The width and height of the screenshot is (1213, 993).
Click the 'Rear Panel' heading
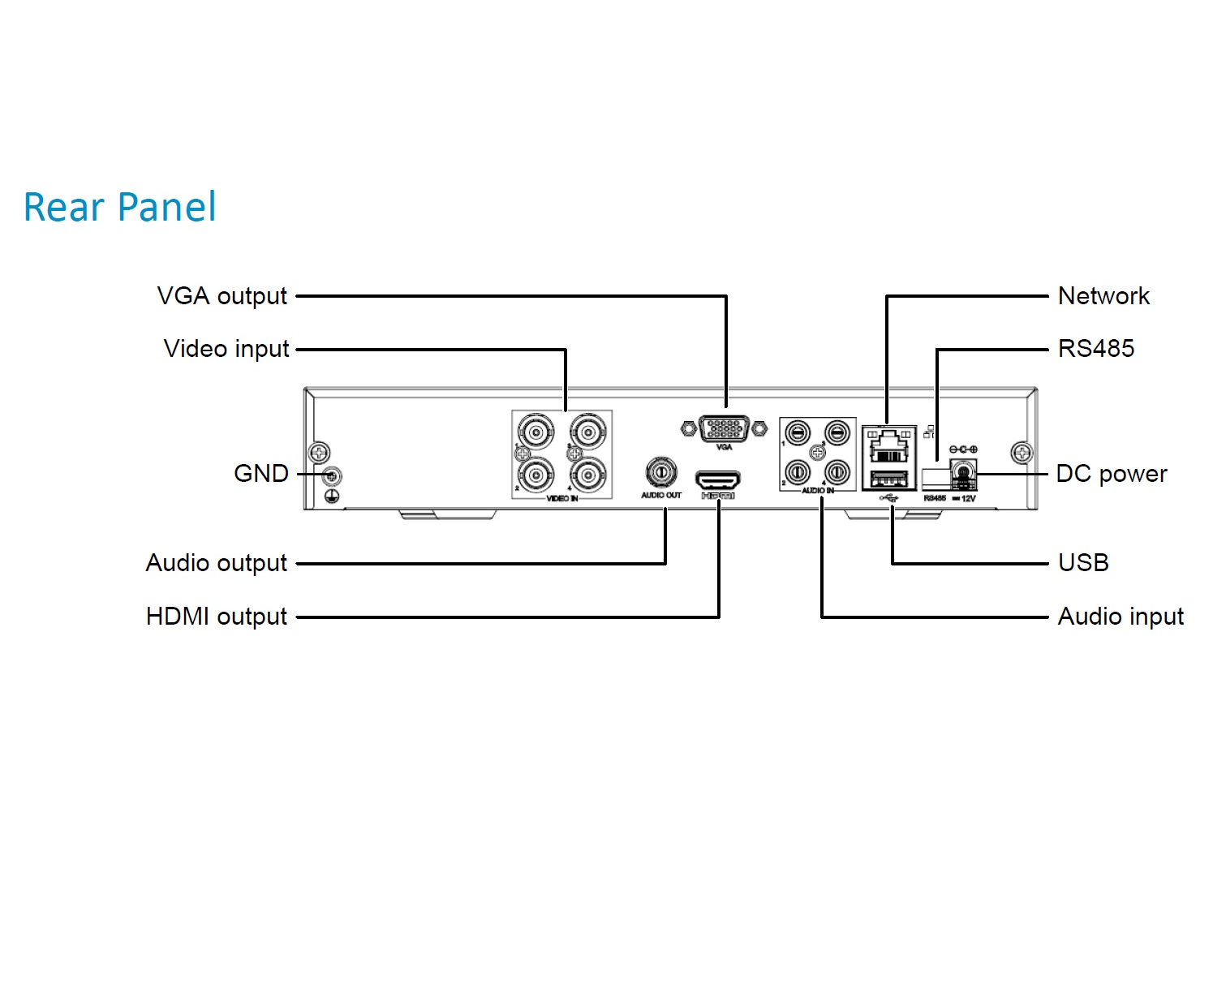coord(120,207)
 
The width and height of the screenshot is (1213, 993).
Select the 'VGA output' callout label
coord(222,296)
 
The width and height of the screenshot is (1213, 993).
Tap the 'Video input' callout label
coord(226,349)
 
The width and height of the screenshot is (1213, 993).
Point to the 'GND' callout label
coord(260,473)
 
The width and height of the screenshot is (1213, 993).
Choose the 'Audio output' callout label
coord(216,563)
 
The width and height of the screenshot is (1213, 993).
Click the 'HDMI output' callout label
coord(216,617)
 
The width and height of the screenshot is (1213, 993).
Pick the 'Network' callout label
coord(1103,296)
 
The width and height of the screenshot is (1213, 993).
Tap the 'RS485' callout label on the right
coord(1095,349)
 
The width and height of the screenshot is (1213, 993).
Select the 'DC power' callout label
coord(1111,474)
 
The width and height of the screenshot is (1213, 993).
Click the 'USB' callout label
coord(1083,563)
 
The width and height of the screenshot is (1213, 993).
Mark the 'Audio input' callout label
coord(1121,617)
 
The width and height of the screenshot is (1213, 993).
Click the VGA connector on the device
coord(724,428)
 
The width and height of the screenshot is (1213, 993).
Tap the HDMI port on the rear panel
coord(718,479)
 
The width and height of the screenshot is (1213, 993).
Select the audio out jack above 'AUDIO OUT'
coord(660,471)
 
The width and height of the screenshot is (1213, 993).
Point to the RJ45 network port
coord(888,445)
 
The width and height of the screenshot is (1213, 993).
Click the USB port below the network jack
coord(888,479)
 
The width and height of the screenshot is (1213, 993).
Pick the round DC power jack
coord(963,471)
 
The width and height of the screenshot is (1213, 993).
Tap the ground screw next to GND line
coord(331,475)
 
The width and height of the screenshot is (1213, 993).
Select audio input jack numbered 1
coord(798,433)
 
